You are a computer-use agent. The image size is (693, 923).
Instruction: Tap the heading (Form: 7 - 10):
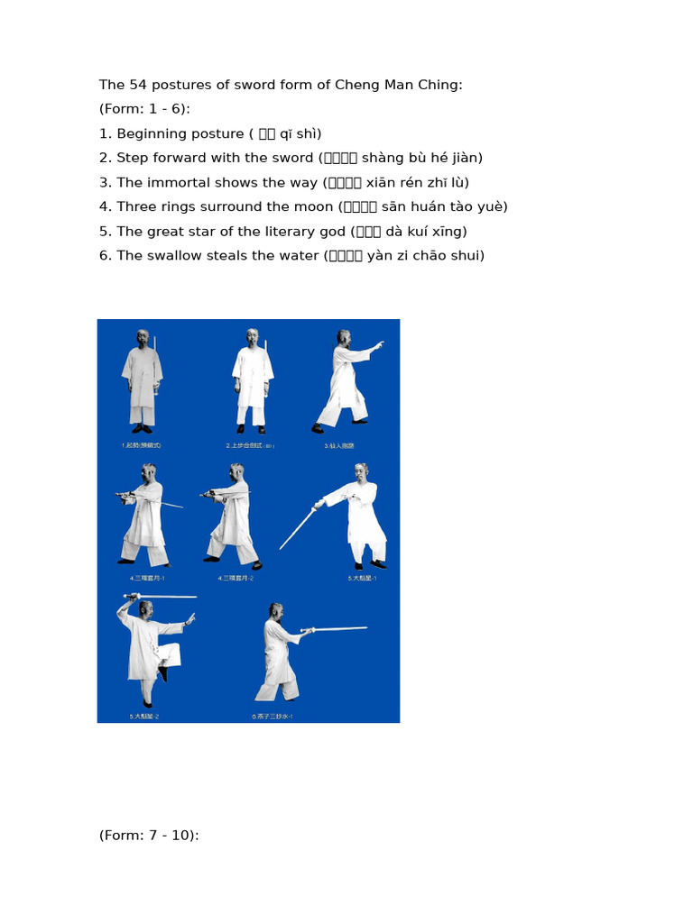coord(149,835)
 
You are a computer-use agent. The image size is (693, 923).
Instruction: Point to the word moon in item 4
coord(293,206)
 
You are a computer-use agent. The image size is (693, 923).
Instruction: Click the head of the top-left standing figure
coord(143,337)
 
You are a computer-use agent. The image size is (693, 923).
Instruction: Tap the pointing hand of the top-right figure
coord(379,343)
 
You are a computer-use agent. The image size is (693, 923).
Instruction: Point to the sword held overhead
coord(162,596)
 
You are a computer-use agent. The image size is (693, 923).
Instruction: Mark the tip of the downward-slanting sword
coord(281,548)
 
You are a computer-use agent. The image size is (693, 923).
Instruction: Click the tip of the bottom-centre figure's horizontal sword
coord(365,627)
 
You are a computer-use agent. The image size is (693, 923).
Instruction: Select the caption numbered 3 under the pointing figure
coord(338,445)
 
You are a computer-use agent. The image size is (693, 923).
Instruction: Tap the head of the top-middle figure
coord(252,336)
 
